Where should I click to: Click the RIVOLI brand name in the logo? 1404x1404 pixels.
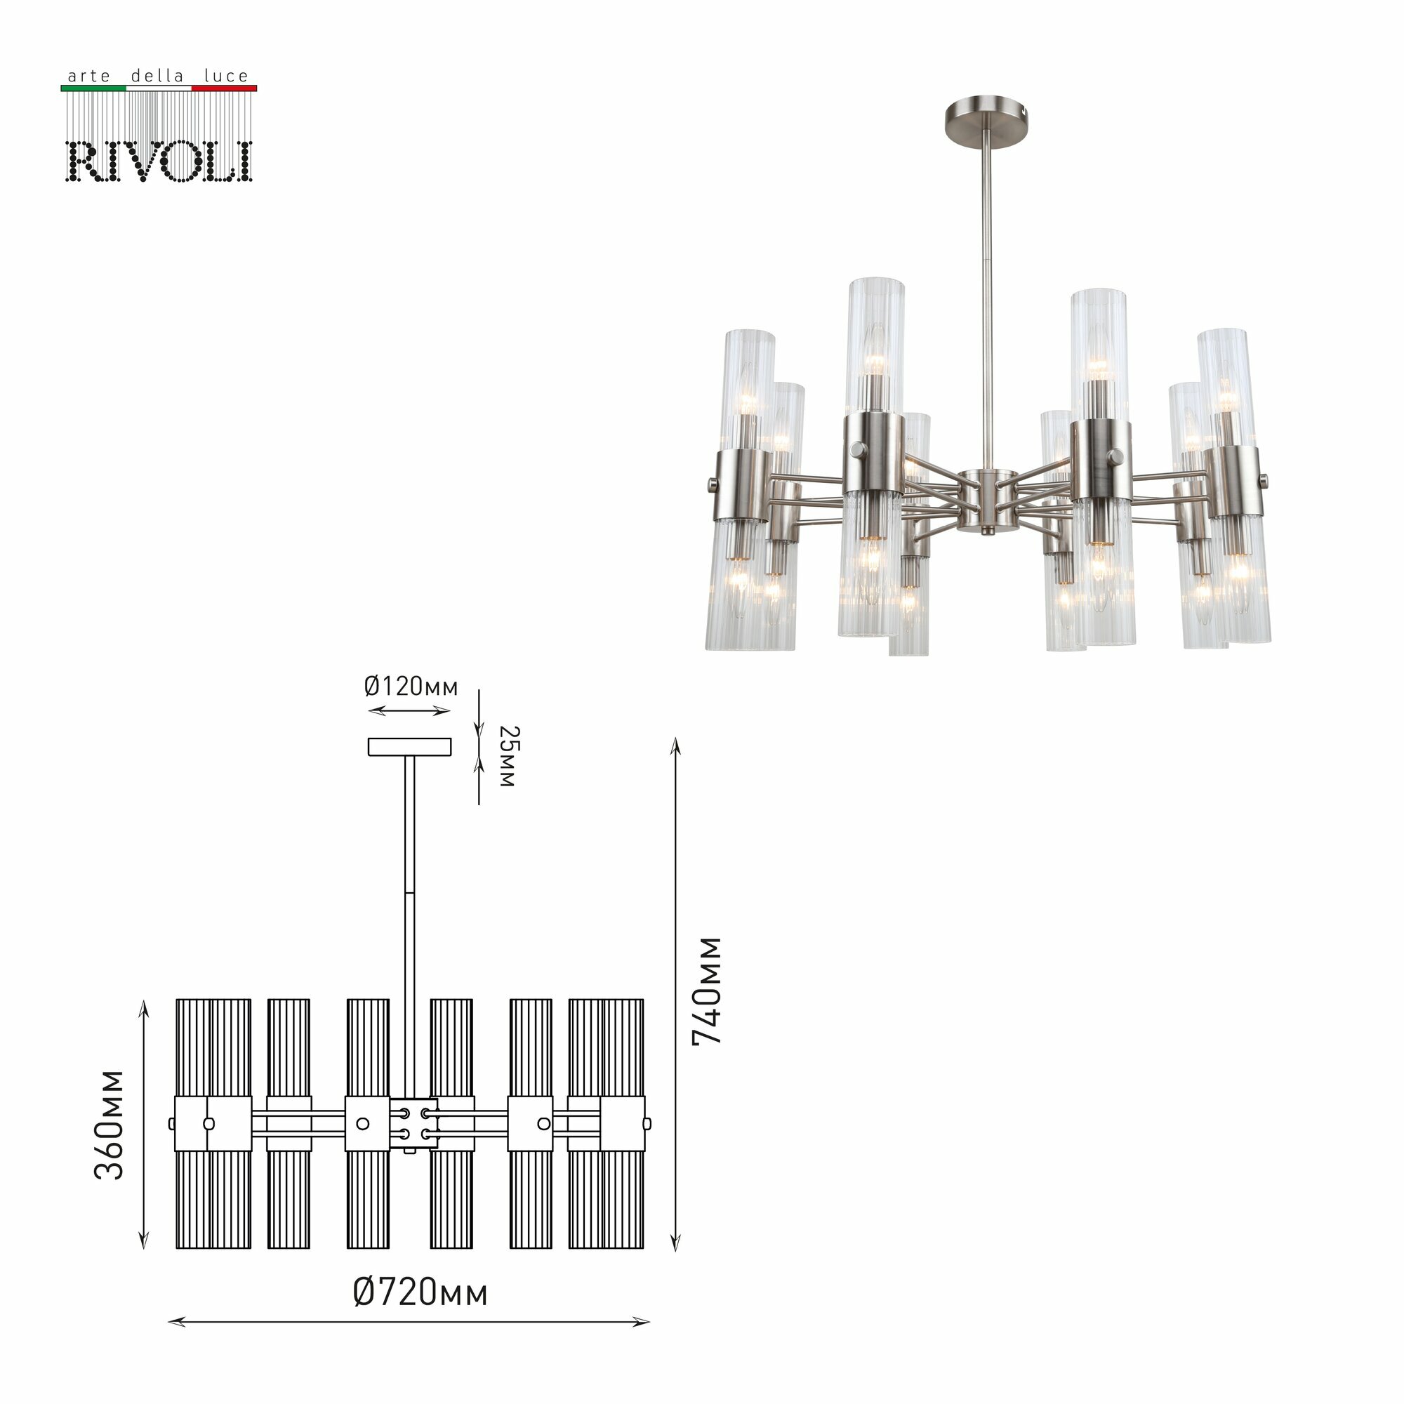tap(159, 161)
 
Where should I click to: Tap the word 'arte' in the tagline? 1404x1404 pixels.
tap(88, 77)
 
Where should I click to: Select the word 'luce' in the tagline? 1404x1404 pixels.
tap(226, 77)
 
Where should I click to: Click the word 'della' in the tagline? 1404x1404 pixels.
tap(157, 77)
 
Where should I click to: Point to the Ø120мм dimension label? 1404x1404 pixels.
tap(411, 687)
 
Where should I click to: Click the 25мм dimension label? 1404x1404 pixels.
tap(508, 757)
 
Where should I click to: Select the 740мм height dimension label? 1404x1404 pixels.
tap(707, 991)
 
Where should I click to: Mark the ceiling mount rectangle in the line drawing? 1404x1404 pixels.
tap(410, 746)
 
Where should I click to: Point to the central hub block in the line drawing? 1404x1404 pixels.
tap(413, 1123)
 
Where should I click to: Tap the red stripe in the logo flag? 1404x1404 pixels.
tap(224, 88)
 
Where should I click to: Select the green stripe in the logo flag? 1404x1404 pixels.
tap(93, 88)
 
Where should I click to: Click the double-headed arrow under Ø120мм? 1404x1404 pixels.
tap(410, 711)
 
